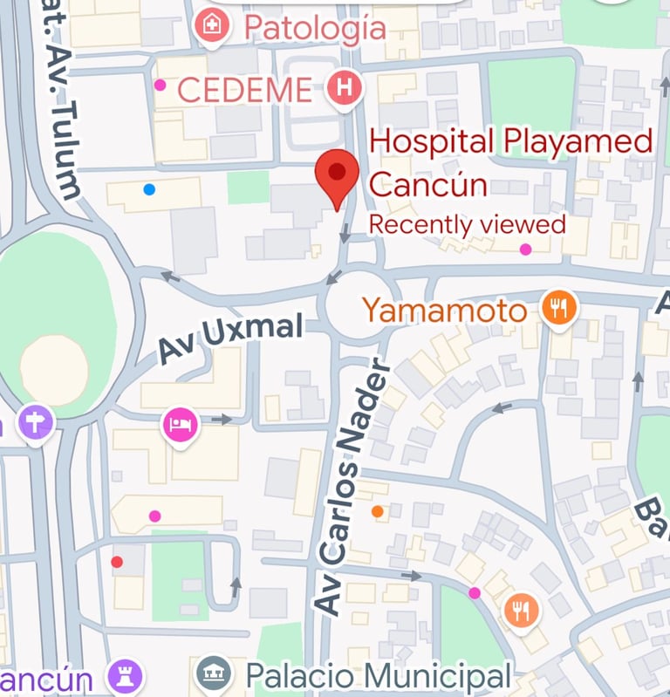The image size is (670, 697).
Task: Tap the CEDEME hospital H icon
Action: pos(345,87)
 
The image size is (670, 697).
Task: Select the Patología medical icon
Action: pos(211,26)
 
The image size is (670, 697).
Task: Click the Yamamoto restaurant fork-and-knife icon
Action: pos(559,309)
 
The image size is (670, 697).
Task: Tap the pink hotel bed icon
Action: pos(181,426)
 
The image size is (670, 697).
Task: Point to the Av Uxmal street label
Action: pos(230,340)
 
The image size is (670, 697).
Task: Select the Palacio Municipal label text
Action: pos(377,675)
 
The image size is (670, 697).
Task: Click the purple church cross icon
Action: pos(36,425)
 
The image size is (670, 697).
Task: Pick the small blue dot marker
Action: pos(150,188)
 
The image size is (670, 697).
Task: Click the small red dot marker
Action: pos(117,562)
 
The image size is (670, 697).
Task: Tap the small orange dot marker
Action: pos(377,511)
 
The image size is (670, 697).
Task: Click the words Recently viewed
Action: pos(467,224)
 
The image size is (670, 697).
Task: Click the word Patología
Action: pos(315,28)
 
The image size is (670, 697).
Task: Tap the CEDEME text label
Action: pos(244,89)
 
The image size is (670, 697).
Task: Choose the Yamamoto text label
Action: pos(445,310)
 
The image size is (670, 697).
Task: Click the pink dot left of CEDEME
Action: pos(160,85)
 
